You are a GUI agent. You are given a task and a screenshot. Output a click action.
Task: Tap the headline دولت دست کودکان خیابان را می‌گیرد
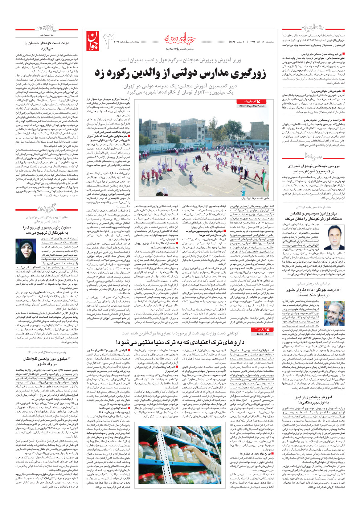(46, 46)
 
